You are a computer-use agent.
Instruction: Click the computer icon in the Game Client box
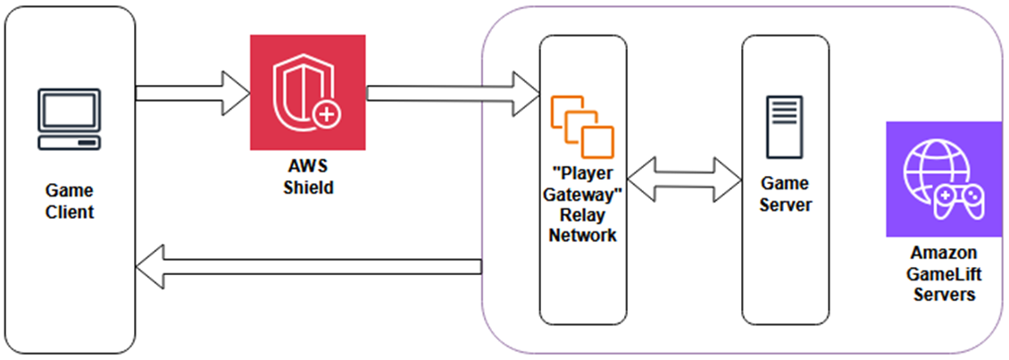pos(68,120)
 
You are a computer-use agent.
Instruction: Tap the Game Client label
pos(70,202)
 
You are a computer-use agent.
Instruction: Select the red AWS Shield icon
pos(307,92)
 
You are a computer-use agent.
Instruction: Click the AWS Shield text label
pos(307,178)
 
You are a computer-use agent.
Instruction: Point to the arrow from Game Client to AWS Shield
pos(192,93)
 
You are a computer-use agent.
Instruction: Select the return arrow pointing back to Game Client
pos(308,267)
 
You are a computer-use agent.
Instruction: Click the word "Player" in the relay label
pos(583,172)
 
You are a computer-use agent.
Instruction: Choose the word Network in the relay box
pos(583,236)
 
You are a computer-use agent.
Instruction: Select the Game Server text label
pos(785,194)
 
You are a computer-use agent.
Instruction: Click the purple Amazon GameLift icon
pos(943,180)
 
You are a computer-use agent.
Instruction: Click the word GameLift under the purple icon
pos(944,274)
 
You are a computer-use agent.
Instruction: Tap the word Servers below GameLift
pos(944,294)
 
